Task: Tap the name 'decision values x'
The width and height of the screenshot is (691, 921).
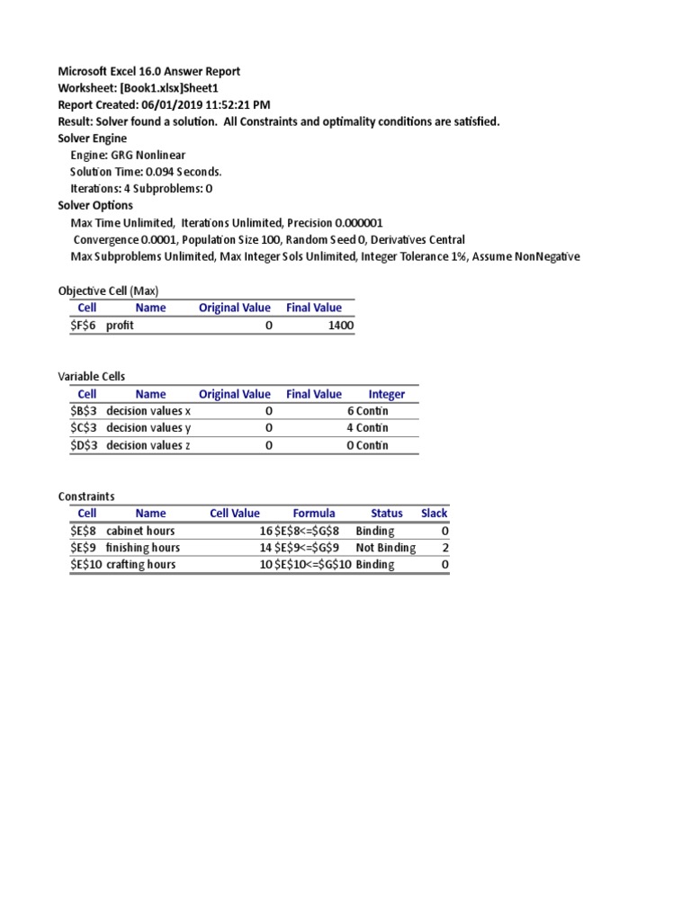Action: (x=148, y=411)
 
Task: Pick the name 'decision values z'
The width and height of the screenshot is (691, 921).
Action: (x=148, y=445)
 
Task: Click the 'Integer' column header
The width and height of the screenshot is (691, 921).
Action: (x=387, y=394)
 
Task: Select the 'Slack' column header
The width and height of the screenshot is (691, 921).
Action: (x=435, y=514)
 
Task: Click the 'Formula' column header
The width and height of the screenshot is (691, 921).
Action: (x=314, y=514)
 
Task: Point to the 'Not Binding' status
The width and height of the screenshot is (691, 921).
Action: (x=385, y=548)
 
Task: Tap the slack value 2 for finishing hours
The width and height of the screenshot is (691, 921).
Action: (x=444, y=548)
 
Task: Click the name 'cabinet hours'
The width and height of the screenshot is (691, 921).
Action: (x=140, y=531)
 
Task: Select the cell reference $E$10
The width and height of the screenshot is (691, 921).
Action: (x=86, y=565)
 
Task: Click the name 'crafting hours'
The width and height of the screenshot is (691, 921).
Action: (x=140, y=565)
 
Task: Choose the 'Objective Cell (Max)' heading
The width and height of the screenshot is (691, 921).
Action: (x=108, y=291)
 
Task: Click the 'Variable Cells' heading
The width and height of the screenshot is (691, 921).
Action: (x=93, y=377)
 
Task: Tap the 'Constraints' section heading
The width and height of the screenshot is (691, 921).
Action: (x=86, y=496)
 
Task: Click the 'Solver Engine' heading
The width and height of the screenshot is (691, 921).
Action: (x=93, y=139)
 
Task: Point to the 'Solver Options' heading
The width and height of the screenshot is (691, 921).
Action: (x=95, y=206)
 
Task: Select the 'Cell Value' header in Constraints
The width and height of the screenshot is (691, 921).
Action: (x=235, y=514)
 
